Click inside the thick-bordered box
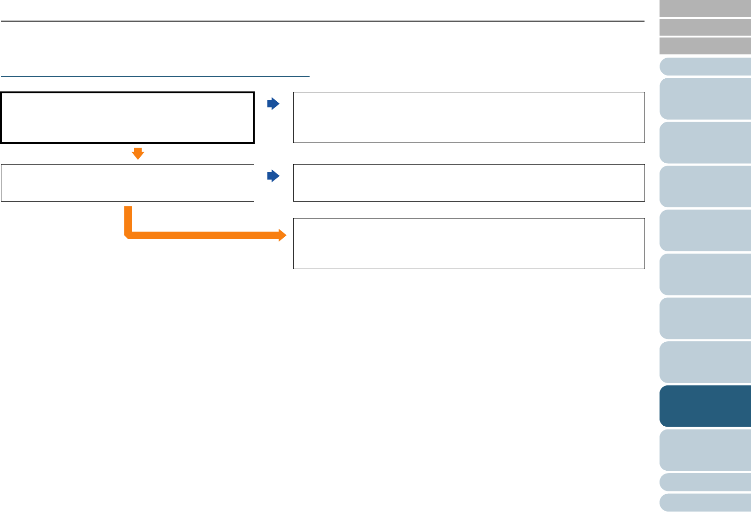click(127, 118)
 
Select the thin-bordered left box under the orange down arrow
click(127, 183)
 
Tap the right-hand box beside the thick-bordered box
click(469, 117)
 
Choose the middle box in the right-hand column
click(469, 183)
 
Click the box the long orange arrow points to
click(469, 243)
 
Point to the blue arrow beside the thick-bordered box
click(273, 104)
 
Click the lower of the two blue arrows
click(273, 176)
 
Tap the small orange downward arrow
click(137, 153)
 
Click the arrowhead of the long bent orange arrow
click(282, 235)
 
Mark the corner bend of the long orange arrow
click(128, 235)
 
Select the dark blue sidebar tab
click(705, 406)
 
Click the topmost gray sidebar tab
click(705, 8)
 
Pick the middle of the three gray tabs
click(705, 27)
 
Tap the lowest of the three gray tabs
click(705, 46)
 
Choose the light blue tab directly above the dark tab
click(705, 362)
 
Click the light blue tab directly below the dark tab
click(705, 450)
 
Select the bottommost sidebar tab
click(705, 503)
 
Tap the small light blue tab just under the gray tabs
click(705, 67)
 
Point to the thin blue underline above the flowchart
click(155, 75)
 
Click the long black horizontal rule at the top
click(322, 21)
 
